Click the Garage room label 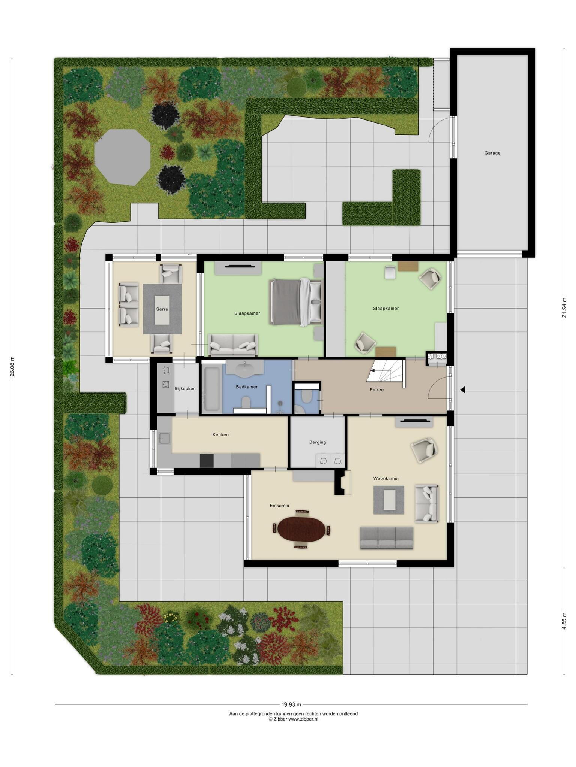[492, 153]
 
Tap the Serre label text [162, 309]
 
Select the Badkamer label [247, 387]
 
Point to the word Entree [376, 389]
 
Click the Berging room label [318, 442]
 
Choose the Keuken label [220, 434]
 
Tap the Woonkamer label [386, 478]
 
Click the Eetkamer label [280, 506]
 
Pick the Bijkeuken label [185, 388]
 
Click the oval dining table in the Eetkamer [301, 529]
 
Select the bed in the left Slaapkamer [295, 302]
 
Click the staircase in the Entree [386, 373]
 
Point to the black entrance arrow [463, 390]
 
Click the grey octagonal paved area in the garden [123, 157]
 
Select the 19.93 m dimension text [291, 704]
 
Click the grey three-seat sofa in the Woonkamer [386, 538]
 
